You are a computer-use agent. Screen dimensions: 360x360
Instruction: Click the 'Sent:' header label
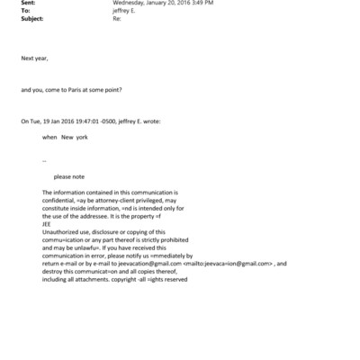[28, 4]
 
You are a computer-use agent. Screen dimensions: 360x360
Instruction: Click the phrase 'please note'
[69, 176]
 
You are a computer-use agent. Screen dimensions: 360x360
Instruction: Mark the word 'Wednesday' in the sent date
[128, 4]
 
